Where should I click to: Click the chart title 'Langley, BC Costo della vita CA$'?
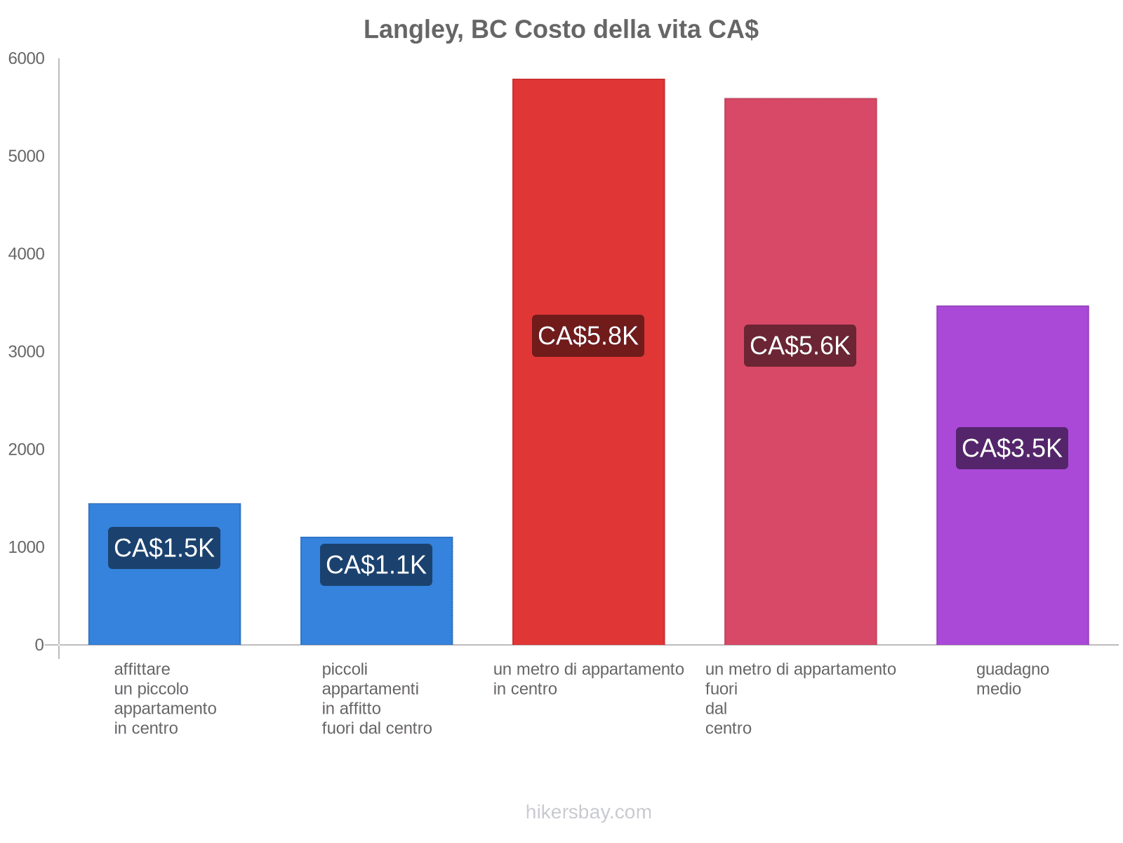click(x=561, y=30)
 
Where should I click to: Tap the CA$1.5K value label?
click(x=164, y=548)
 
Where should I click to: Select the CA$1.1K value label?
click(x=376, y=565)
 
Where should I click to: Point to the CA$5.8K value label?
click(x=588, y=336)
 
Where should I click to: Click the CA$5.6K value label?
click(x=800, y=346)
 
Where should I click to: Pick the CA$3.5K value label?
click(x=1012, y=448)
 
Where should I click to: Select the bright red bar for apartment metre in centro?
click(x=588, y=492)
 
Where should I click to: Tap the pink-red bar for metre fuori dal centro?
click(x=800, y=492)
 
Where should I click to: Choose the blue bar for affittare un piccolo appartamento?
click(x=164, y=604)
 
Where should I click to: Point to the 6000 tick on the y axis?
click(x=27, y=59)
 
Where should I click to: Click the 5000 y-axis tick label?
click(x=27, y=157)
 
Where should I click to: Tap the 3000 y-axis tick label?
click(x=27, y=352)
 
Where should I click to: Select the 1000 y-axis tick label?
click(x=27, y=547)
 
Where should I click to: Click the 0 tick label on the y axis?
click(x=39, y=645)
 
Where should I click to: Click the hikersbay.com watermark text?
click(x=588, y=812)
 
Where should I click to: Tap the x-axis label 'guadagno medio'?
click(x=1012, y=679)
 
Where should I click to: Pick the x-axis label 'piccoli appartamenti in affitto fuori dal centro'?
click(x=376, y=698)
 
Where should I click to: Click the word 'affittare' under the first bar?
click(x=142, y=669)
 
